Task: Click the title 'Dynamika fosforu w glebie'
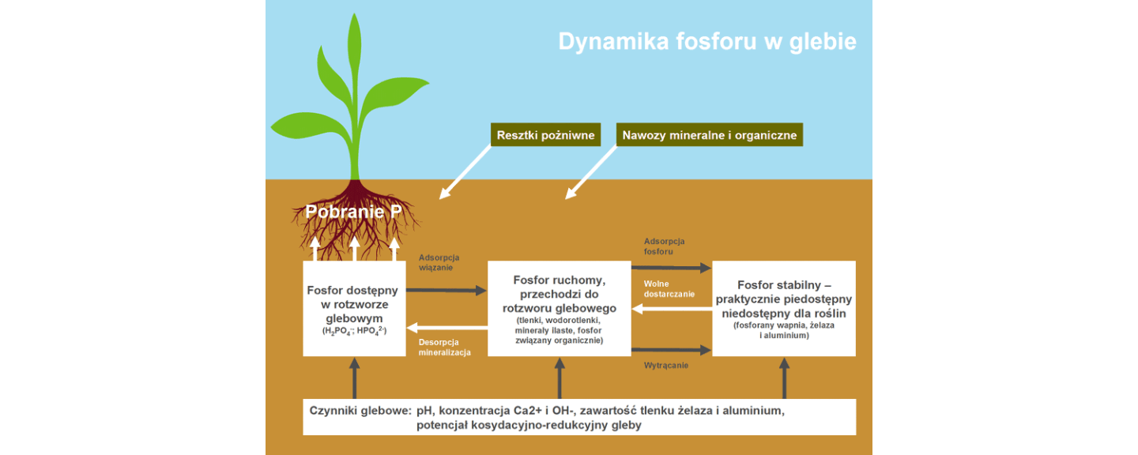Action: tap(707, 41)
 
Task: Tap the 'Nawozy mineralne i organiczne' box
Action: tap(709, 135)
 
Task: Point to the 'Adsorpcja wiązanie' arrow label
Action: tap(439, 262)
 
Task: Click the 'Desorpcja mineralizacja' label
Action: tap(445, 348)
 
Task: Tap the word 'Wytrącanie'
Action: tap(665, 365)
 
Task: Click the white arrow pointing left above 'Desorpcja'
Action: tap(446, 326)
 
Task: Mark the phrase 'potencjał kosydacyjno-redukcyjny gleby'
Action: tap(529, 425)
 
